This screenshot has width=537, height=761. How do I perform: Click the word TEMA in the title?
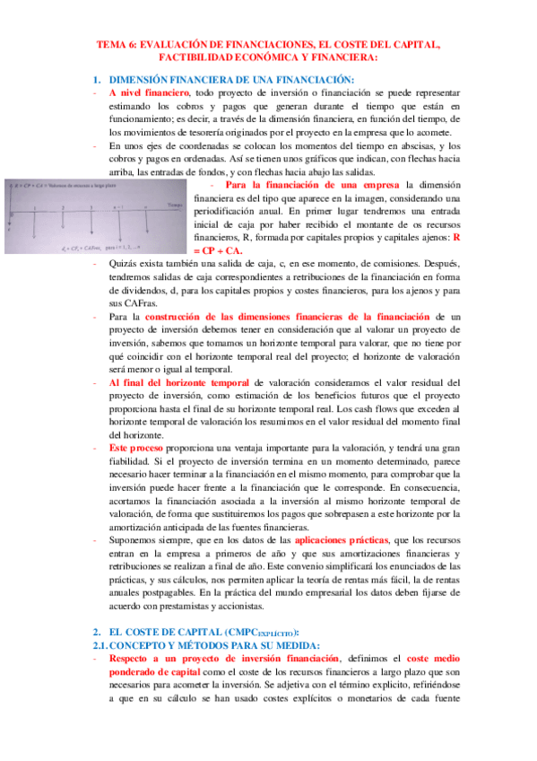point(111,42)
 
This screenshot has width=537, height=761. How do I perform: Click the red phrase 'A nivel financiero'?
point(148,92)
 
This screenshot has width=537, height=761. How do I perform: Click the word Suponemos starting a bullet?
point(135,542)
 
